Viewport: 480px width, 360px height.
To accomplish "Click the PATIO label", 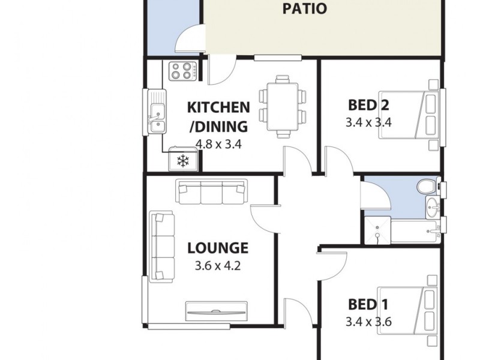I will [305, 9].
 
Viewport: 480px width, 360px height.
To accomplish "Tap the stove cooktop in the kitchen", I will [184, 71].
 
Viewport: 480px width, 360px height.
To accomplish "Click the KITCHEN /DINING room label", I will [218, 117].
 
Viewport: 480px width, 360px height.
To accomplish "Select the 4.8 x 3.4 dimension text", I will [218, 144].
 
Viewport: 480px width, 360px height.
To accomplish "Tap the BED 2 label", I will [368, 106].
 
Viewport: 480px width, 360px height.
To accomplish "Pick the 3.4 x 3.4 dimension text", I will [368, 123].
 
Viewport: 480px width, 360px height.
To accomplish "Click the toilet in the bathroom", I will [431, 187].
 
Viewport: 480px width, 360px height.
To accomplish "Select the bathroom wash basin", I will [431, 208].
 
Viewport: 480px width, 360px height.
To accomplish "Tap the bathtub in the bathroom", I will [414, 230].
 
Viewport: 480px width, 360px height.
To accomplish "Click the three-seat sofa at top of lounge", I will [211, 193].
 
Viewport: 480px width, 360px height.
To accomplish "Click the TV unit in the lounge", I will [216, 310].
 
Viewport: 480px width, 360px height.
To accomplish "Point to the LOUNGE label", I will [217, 248].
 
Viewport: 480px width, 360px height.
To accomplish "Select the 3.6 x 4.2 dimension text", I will [217, 266].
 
